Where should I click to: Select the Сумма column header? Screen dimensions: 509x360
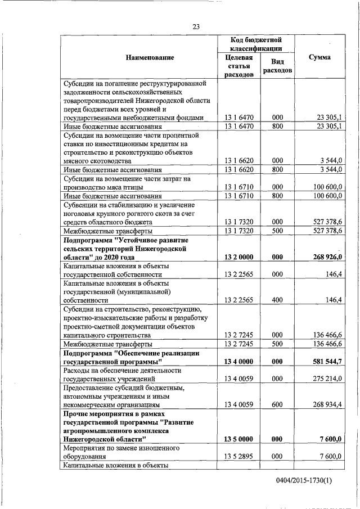coord(319,57)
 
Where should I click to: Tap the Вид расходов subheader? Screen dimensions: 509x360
coord(277,66)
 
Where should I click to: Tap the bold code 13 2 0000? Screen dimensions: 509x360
coord(239,257)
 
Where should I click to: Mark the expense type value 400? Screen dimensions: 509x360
coord(277,300)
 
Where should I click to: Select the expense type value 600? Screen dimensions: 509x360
coord(277,405)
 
